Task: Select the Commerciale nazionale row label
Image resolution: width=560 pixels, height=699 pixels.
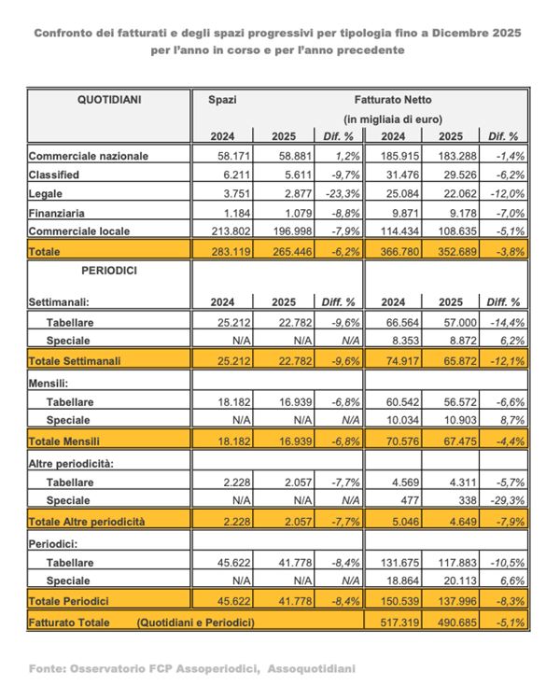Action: (x=89, y=156)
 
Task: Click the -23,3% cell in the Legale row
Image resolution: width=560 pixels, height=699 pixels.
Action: (x=339, y=193)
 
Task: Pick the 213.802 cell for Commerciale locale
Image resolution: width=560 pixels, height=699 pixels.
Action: (x=219, y=231)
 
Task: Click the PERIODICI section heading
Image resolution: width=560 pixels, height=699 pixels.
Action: (x=109, y=270)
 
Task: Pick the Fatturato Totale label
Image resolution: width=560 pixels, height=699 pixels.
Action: (x=69, y=622)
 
